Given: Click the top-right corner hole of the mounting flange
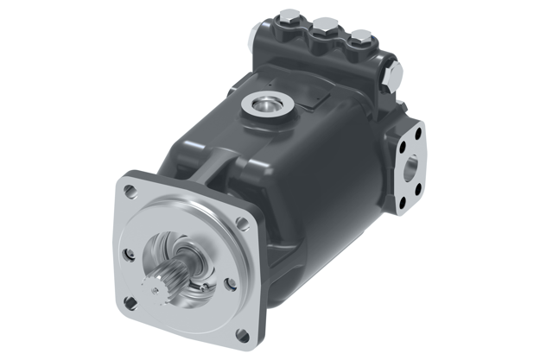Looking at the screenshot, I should (x=242, y=222).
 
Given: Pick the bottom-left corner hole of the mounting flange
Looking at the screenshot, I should (x=130, y=302).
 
